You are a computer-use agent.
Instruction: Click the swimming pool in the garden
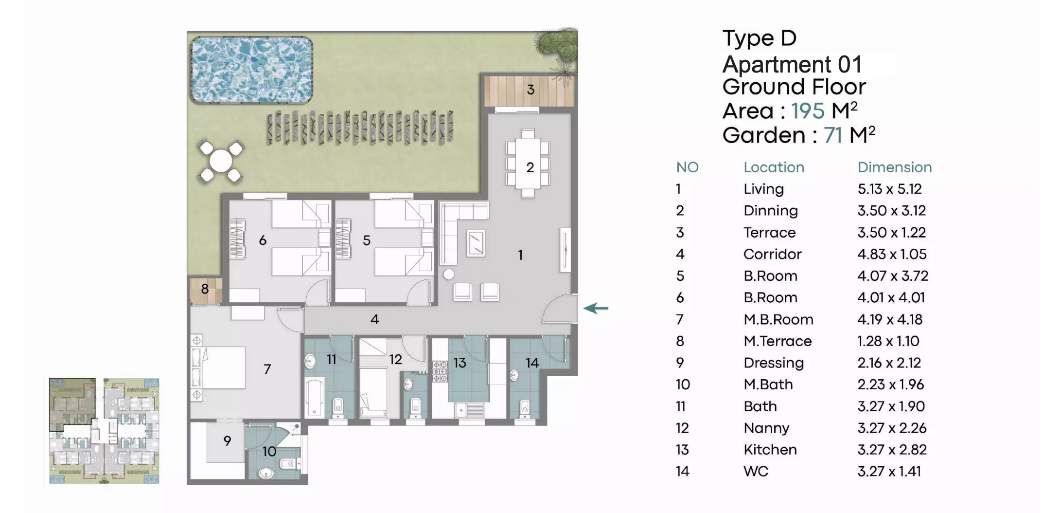click(x=251, y=70)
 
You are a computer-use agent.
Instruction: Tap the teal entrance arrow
click(x=596, y=308)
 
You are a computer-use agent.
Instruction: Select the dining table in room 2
click(x=528, y=163)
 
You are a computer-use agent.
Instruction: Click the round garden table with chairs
click(x=221, y=162)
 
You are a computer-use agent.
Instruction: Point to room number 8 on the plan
click(x=205, y=289)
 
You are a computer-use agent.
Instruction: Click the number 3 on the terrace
click(x=530, y=90)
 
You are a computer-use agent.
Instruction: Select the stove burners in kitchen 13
click(x=440, y=371)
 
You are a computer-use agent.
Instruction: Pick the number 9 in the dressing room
click(x=227, y=441)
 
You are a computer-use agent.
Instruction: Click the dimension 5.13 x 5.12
click(x=889, y=189)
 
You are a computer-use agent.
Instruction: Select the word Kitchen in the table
click(x=770, y=450)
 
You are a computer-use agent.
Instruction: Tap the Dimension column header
click(x=895, y=167)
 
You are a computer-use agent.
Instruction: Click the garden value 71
click(x=833, y=135)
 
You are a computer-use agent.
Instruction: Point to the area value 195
click(x=808, y=111)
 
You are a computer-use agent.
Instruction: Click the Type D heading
click(x=759, y=38)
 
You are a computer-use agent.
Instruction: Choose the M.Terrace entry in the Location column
click(x=778, y=341)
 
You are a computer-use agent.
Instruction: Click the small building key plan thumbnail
click(x=104, y=431)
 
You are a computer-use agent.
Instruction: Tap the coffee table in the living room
click(x=476, y=242)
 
